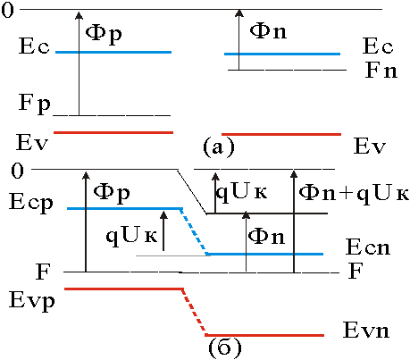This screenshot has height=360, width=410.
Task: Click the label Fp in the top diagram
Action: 35,104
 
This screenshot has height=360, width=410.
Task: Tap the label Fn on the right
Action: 381,71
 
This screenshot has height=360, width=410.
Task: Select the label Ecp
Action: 31,203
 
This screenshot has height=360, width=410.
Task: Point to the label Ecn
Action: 368,247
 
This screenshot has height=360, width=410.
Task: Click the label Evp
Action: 31,301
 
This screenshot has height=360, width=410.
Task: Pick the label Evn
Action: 366,330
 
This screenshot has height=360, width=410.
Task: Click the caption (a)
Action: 219,147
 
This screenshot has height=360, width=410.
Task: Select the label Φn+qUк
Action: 354,194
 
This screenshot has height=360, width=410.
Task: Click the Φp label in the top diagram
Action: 104,34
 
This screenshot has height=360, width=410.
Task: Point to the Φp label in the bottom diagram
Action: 112,194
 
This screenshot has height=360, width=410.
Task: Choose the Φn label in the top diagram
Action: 268,30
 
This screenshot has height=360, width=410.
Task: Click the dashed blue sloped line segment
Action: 194,231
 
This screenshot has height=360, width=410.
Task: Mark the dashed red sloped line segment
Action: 193,312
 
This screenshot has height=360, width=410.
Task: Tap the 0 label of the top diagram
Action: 7,10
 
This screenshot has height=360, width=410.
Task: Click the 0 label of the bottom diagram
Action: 17,171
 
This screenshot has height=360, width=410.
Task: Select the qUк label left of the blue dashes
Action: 131,237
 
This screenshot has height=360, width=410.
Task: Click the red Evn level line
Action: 264,335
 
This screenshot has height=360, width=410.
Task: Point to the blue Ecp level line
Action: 124,208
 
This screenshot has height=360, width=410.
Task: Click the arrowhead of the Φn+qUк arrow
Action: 294,174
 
